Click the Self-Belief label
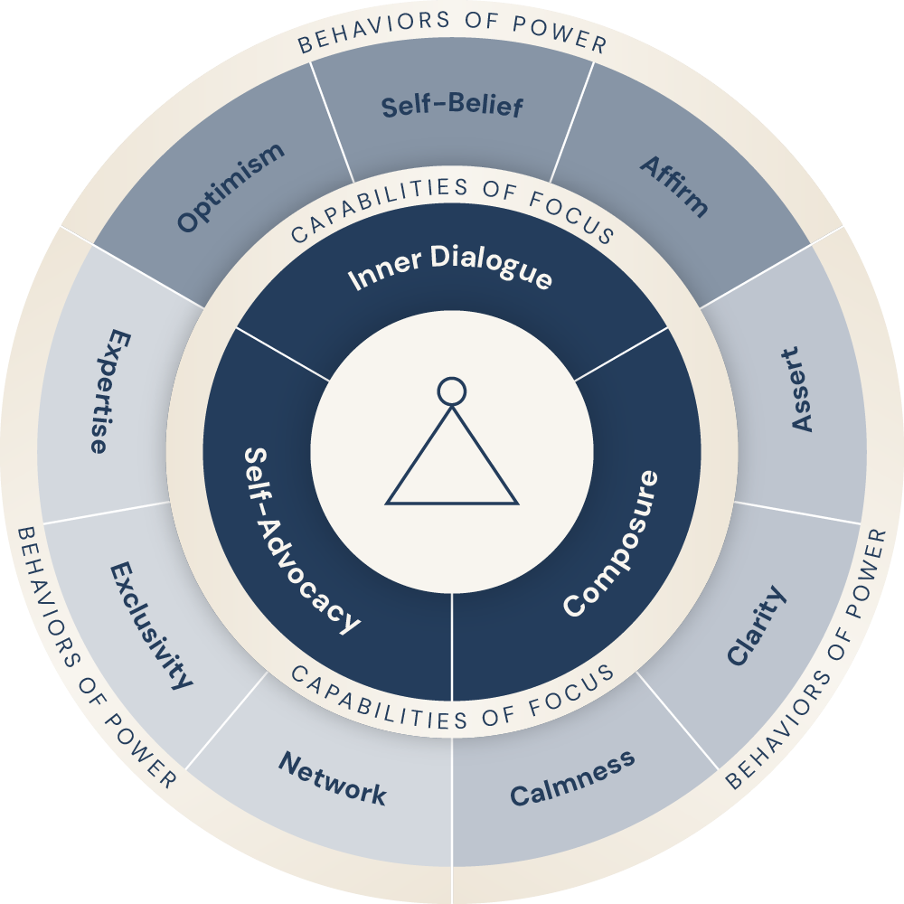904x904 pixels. click(x=451, y=106)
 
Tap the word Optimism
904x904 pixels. click(x=231, y=187)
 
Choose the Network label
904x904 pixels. click(x=333, y=779)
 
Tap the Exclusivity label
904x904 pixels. click(x=151, y=624)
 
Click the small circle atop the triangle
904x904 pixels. click(x=451, y=391)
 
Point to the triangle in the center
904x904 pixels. click(x=451, y=466)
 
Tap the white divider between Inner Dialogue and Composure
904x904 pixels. click(x=621, y=353)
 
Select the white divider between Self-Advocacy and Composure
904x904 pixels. click(x=451, y=646)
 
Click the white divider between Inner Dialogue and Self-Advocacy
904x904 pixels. click(x=282, y=353)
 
